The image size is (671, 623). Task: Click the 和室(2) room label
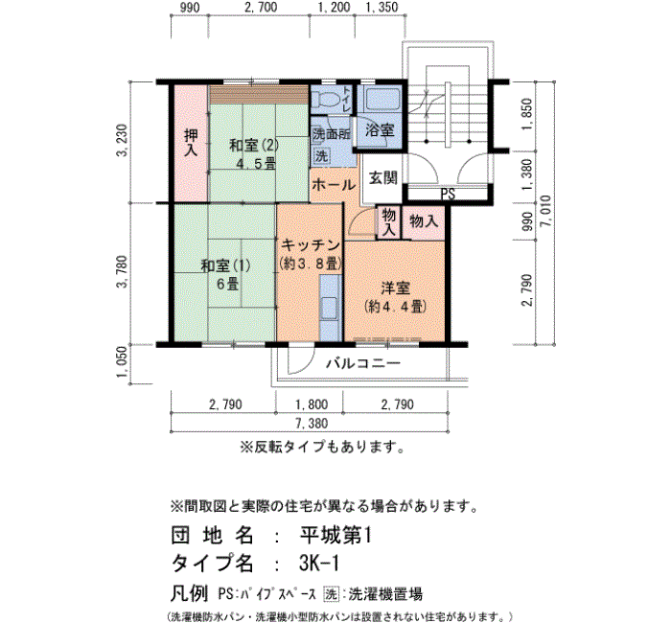click(x=254, y=146)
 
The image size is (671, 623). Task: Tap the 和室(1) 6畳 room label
click(x=225, y=274)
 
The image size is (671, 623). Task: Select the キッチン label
click(x=311, y=245)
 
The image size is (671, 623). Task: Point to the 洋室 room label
click(x=395, y=288)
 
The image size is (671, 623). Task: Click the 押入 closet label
click(x=191, y=143)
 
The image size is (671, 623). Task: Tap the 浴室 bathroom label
click(x=380, y=130)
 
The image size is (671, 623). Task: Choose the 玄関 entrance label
click(x=383, y=177)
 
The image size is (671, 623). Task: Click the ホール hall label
click(x=334, y=185)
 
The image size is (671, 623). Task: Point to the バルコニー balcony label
click(x=363, y=363)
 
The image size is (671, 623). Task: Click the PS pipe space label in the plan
click(x=448, y=195)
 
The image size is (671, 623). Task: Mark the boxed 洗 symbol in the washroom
click(x=321, y=155)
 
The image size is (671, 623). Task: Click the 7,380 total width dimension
click(x=312, y=424)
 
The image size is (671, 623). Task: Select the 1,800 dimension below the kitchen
click(x=312, y=404)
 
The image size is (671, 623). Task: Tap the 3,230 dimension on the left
click(x=123, y=141)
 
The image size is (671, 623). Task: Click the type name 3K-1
click(x=319, y=564)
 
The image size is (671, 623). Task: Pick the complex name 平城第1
click(x=335, y=535)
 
